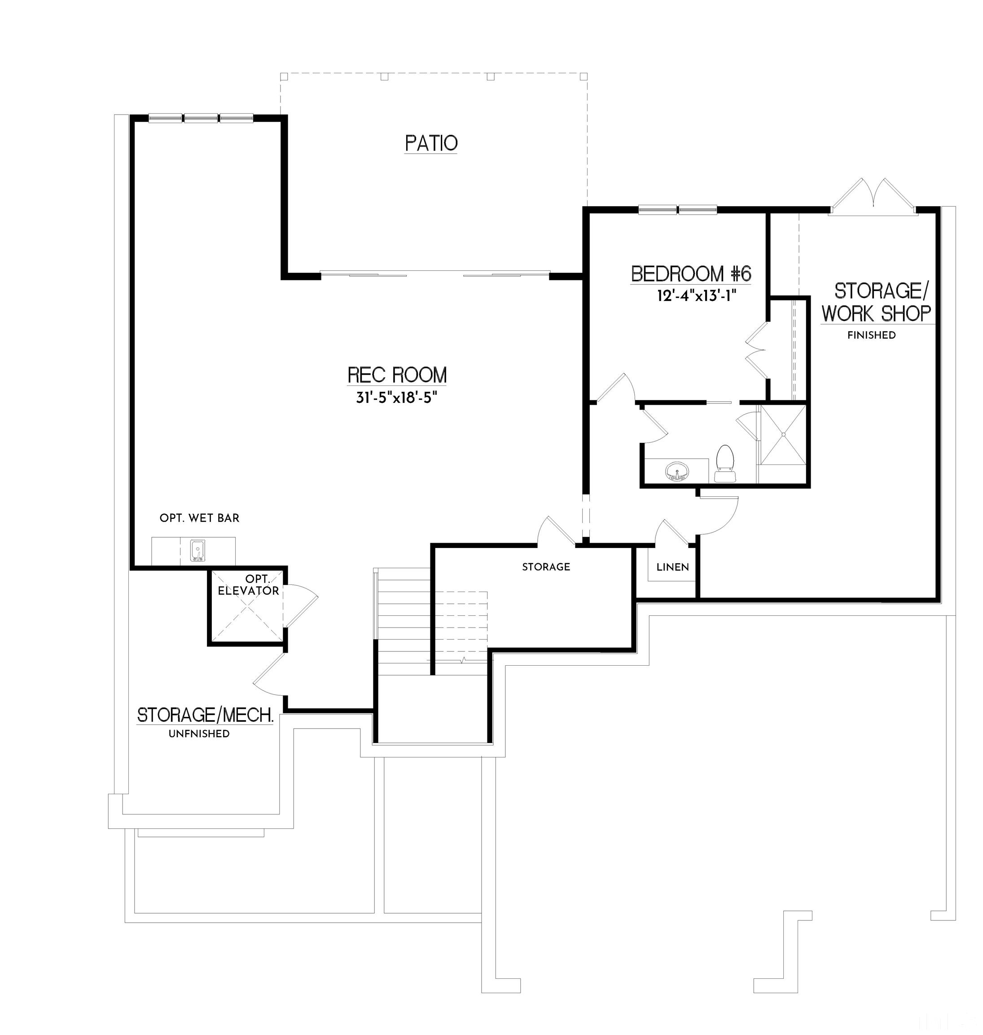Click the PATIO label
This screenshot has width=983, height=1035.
[x=431, y=143]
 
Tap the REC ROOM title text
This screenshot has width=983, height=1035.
[x=397, y=375]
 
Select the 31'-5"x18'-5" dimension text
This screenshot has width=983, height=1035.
[x=397, y=398]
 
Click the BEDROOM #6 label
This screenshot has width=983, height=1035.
[x=691, y=274]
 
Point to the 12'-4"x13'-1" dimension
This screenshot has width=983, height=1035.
[x=696, y=296]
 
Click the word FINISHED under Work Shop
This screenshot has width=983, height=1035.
[x=871, y=335]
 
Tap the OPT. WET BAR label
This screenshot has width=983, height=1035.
[x=199, y=518]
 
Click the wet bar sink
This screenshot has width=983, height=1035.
[x=197, y=551]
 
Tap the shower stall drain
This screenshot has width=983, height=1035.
[x=783, y=434]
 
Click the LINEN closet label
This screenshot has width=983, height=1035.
[x=672, y=567]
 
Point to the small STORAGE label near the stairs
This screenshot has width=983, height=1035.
[x=545, y=567]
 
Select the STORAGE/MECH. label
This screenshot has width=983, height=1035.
[x=205, y=715]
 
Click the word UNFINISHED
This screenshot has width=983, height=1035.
[x=199, y=734]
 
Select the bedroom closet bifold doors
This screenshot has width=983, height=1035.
[x=757, y=350]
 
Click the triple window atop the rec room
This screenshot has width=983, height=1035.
[x=201, y=118]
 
